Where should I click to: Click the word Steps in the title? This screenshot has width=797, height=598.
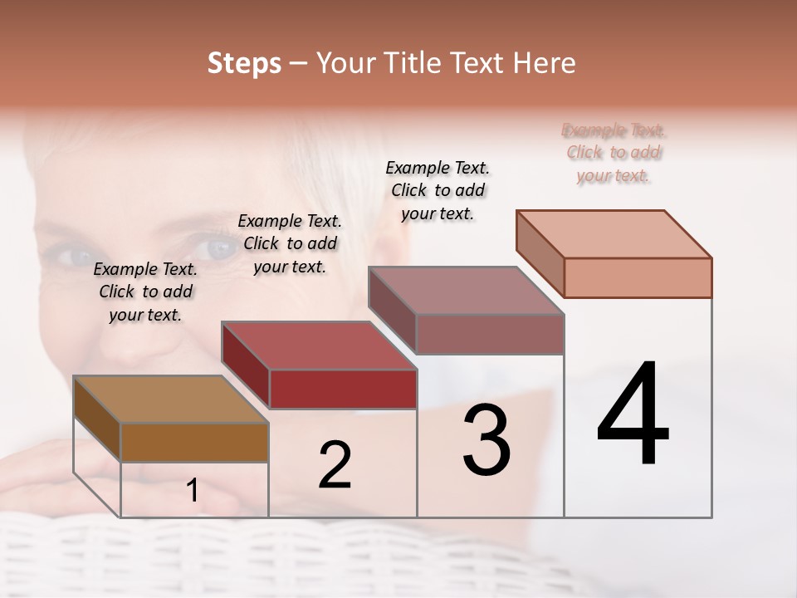244,63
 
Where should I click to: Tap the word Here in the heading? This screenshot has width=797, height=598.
540,63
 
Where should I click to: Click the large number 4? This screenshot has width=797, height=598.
633,414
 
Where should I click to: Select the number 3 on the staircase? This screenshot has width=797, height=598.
487,440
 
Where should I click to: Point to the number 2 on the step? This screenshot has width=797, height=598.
335,465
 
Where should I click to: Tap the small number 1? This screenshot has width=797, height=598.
193,491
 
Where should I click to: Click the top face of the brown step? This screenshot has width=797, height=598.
171,399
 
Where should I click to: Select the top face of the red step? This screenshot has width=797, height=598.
318,346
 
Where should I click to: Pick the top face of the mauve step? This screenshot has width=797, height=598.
466,291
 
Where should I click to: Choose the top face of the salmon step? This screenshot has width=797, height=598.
614,234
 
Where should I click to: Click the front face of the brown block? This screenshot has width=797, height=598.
194,442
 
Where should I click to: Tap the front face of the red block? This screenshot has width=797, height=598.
343,389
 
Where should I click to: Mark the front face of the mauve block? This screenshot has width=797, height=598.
490,334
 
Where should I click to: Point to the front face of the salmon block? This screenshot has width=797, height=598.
638,277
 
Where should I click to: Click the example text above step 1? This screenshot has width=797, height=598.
145,292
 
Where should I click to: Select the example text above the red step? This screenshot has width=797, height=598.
290,244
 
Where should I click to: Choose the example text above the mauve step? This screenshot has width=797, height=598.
438,190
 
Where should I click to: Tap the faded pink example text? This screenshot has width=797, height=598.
614,153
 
